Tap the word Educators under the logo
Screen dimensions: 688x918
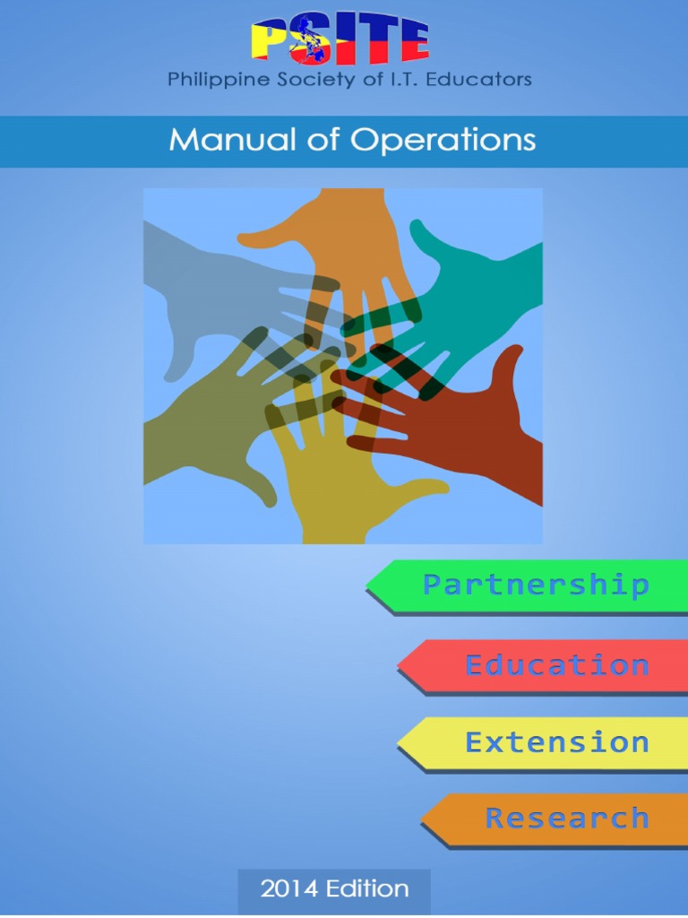(484, 80)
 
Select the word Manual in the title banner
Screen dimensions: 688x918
(223, 140)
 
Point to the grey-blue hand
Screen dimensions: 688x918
(206, 287)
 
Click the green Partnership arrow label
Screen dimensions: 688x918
(535, 586)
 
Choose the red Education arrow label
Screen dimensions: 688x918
(555, 665)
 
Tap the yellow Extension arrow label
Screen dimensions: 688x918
(555, 742)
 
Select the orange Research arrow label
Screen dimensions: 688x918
(566, 818)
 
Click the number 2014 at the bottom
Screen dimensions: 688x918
(288, 889)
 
